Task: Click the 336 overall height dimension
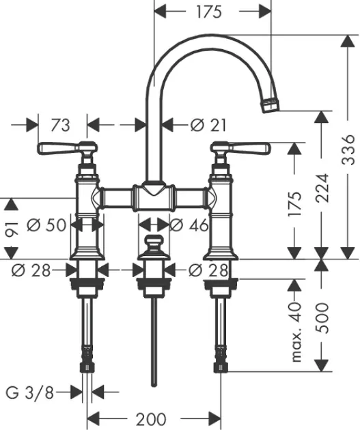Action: click(x=348, y=149)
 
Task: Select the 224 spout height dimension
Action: click(x=322, y=188)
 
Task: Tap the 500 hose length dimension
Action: click(x=322, y=318)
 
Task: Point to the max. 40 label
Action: click(x=295, y=332)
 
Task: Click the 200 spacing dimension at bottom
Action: click(x=151, y=419)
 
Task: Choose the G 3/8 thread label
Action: click(x=30, y=392)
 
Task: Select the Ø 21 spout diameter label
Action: click(x=208, y=126)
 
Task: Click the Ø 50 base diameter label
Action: click(x=46, y=225)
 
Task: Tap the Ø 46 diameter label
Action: click(x=189, y=225)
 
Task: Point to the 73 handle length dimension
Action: click(x=61, y=126)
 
